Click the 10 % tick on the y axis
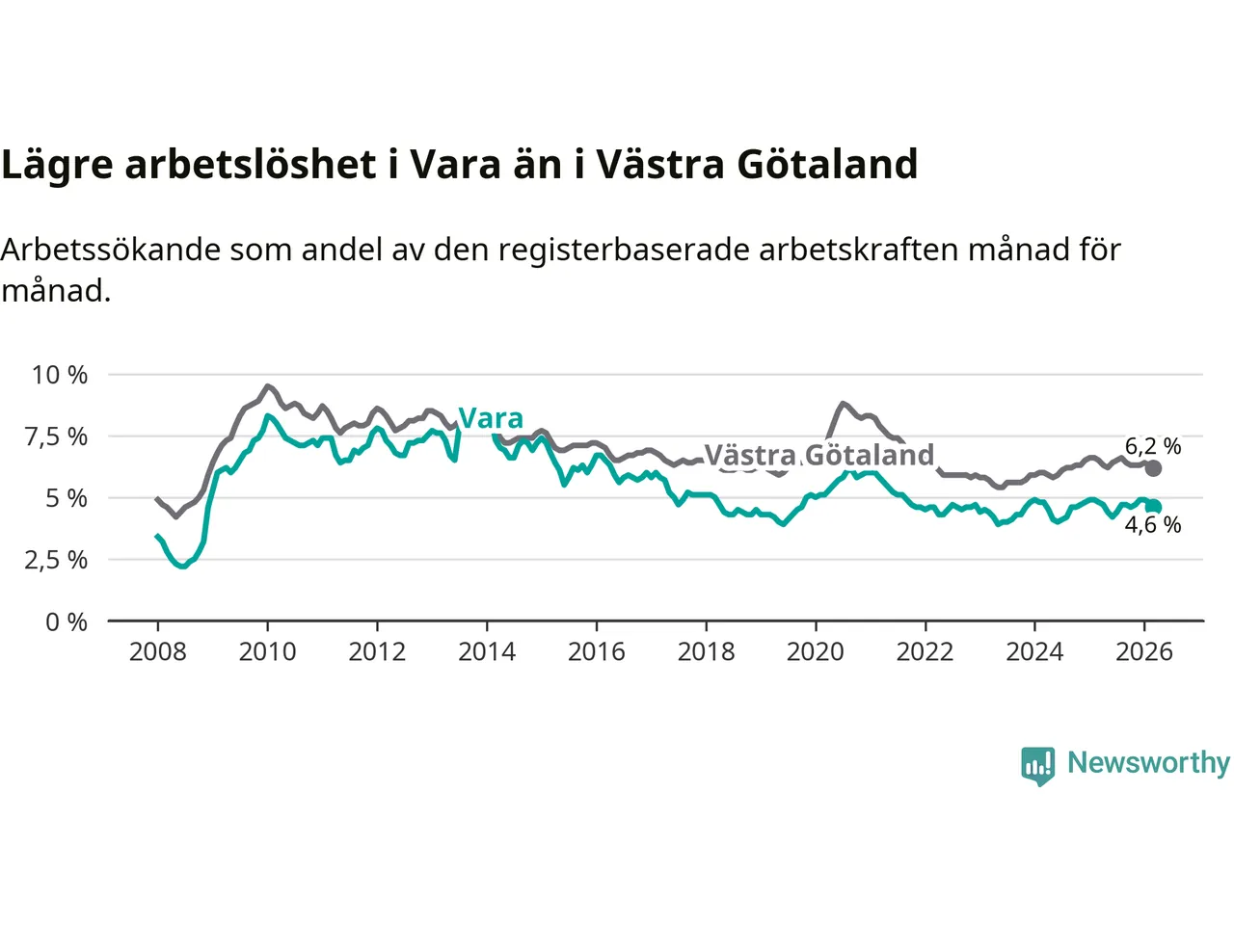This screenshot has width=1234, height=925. tap(60, 375)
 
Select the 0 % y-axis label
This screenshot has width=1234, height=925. tap(67, 622)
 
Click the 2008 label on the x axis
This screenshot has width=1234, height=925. tap(157, 652)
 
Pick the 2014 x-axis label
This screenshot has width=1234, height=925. tap(487, 652)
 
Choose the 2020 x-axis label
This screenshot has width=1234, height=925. tap(816, 652)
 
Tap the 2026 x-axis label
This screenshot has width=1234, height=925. tap(1144, 652)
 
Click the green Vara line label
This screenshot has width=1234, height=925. tap(491, 418)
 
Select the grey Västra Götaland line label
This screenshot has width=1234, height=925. tap(819, 455)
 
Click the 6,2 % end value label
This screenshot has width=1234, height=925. tap(1153, 446)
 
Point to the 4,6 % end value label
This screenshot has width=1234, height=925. tap(1153, 525)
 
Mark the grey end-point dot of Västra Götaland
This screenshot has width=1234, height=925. tap(1153, 468)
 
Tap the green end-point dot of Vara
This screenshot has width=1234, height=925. tap(1153, 507)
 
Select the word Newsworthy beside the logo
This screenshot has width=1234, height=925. tap(1148, 762)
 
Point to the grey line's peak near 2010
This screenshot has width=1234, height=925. tap(268, 386)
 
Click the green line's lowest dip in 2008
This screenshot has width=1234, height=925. tap(182, 566)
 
